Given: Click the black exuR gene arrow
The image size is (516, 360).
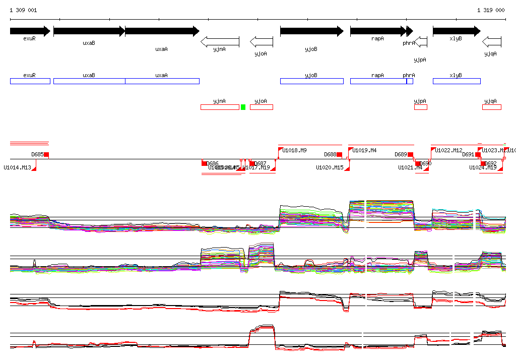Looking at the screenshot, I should click(x=30, y=31).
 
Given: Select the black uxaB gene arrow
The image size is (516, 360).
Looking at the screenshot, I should click(x=89, y=31).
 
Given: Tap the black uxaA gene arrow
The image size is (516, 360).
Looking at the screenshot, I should click(x=162, y=31).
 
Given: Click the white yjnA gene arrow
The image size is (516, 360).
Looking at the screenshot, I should click(x=220, y=41).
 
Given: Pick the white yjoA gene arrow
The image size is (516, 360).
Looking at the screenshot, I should click(x=261, y=41).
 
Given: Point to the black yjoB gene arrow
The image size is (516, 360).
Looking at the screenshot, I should click(x=311, y=31).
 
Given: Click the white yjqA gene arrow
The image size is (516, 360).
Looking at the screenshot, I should click(x=491, y=41).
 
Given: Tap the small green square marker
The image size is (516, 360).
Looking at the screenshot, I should click(x=243, y=107).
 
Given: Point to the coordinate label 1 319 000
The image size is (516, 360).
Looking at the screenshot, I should click(x=491, y=10).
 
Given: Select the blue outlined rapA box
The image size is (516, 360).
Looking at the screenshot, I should click(x=378, y=81).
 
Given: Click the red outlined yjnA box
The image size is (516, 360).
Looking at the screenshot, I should click(x=220, y=107).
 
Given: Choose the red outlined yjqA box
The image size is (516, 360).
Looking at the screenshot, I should click(x=492, y=107).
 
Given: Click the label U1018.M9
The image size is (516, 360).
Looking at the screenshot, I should click(x=294, y=150).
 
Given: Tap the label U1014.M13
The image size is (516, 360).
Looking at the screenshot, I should click(x=18, y=167).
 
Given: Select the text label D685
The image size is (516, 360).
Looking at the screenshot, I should click(x=37, y=154).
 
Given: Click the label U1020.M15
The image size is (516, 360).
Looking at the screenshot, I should click(x=330, y=167).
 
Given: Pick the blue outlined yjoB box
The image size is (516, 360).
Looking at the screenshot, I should click(x=311, y=81).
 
